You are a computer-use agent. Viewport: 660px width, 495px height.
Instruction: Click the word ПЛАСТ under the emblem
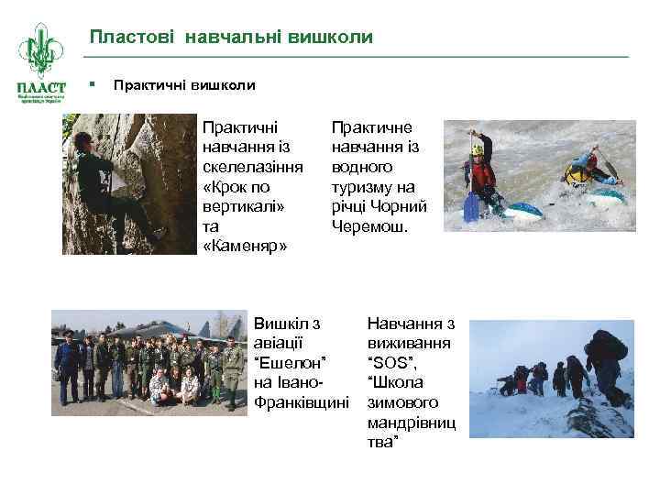(39, 85)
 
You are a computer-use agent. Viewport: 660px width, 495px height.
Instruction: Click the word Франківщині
(302, 402)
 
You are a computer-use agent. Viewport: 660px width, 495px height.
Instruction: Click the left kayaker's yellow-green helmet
(478, 148)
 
